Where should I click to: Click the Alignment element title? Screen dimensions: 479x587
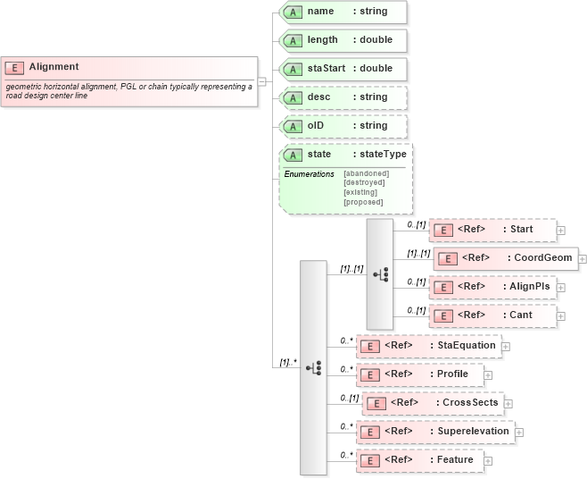[x=54, y=67]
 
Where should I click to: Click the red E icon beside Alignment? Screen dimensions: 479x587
[x=14, y=67]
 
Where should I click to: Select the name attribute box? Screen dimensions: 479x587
[x=343, y=13]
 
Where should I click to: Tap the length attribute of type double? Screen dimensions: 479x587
[x=343, y=40]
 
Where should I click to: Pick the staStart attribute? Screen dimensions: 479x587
[x=343, y=69]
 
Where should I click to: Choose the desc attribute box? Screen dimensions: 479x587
[x=343, y=97]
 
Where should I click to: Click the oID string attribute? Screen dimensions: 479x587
[x=343, y=126]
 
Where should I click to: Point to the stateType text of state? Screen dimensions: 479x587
[x=382, y=155]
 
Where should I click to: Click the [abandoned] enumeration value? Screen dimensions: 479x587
[x=366, y=173]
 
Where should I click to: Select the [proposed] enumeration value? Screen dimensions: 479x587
[x=363, y=202]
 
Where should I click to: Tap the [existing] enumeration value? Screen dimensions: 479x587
[x=360, y=192]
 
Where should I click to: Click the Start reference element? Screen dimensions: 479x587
[x=492, y=230]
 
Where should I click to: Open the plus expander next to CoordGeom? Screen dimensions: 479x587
[x=582, y=259]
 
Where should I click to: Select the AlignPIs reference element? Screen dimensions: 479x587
[x=492, y=287]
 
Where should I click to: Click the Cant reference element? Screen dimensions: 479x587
[x=492, y=315]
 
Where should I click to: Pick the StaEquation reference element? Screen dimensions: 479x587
[x=428, y=345]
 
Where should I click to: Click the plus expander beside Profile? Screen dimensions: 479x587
[x=489, y=374]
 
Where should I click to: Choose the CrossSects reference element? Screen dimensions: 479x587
[x=433, y=403]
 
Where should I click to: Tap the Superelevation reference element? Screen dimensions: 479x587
[x=435, y=432]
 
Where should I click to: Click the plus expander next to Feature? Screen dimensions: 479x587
[x=489, y=460]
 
